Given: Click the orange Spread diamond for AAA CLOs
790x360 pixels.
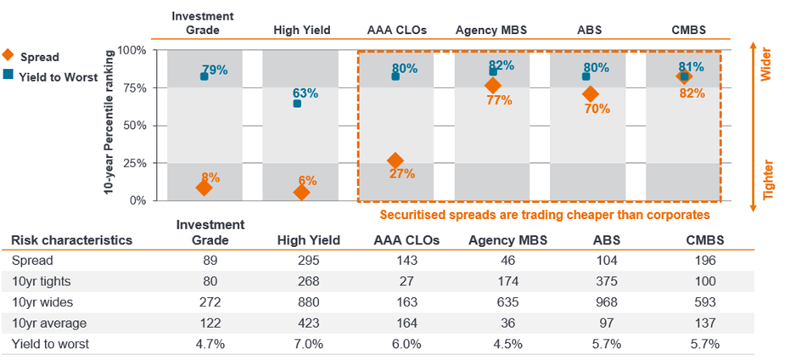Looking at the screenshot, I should pos(395,160).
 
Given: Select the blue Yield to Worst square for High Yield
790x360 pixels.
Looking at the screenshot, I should pos(297,104).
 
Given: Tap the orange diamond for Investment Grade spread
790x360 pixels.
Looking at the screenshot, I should pos(204,188).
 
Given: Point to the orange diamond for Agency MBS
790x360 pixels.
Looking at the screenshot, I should pos(492,86).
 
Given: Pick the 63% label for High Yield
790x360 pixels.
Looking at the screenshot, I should pos(306,93).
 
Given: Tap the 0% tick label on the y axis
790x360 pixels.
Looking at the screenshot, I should pos(137,200).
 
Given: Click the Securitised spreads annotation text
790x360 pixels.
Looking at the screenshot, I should pos(544,215).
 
